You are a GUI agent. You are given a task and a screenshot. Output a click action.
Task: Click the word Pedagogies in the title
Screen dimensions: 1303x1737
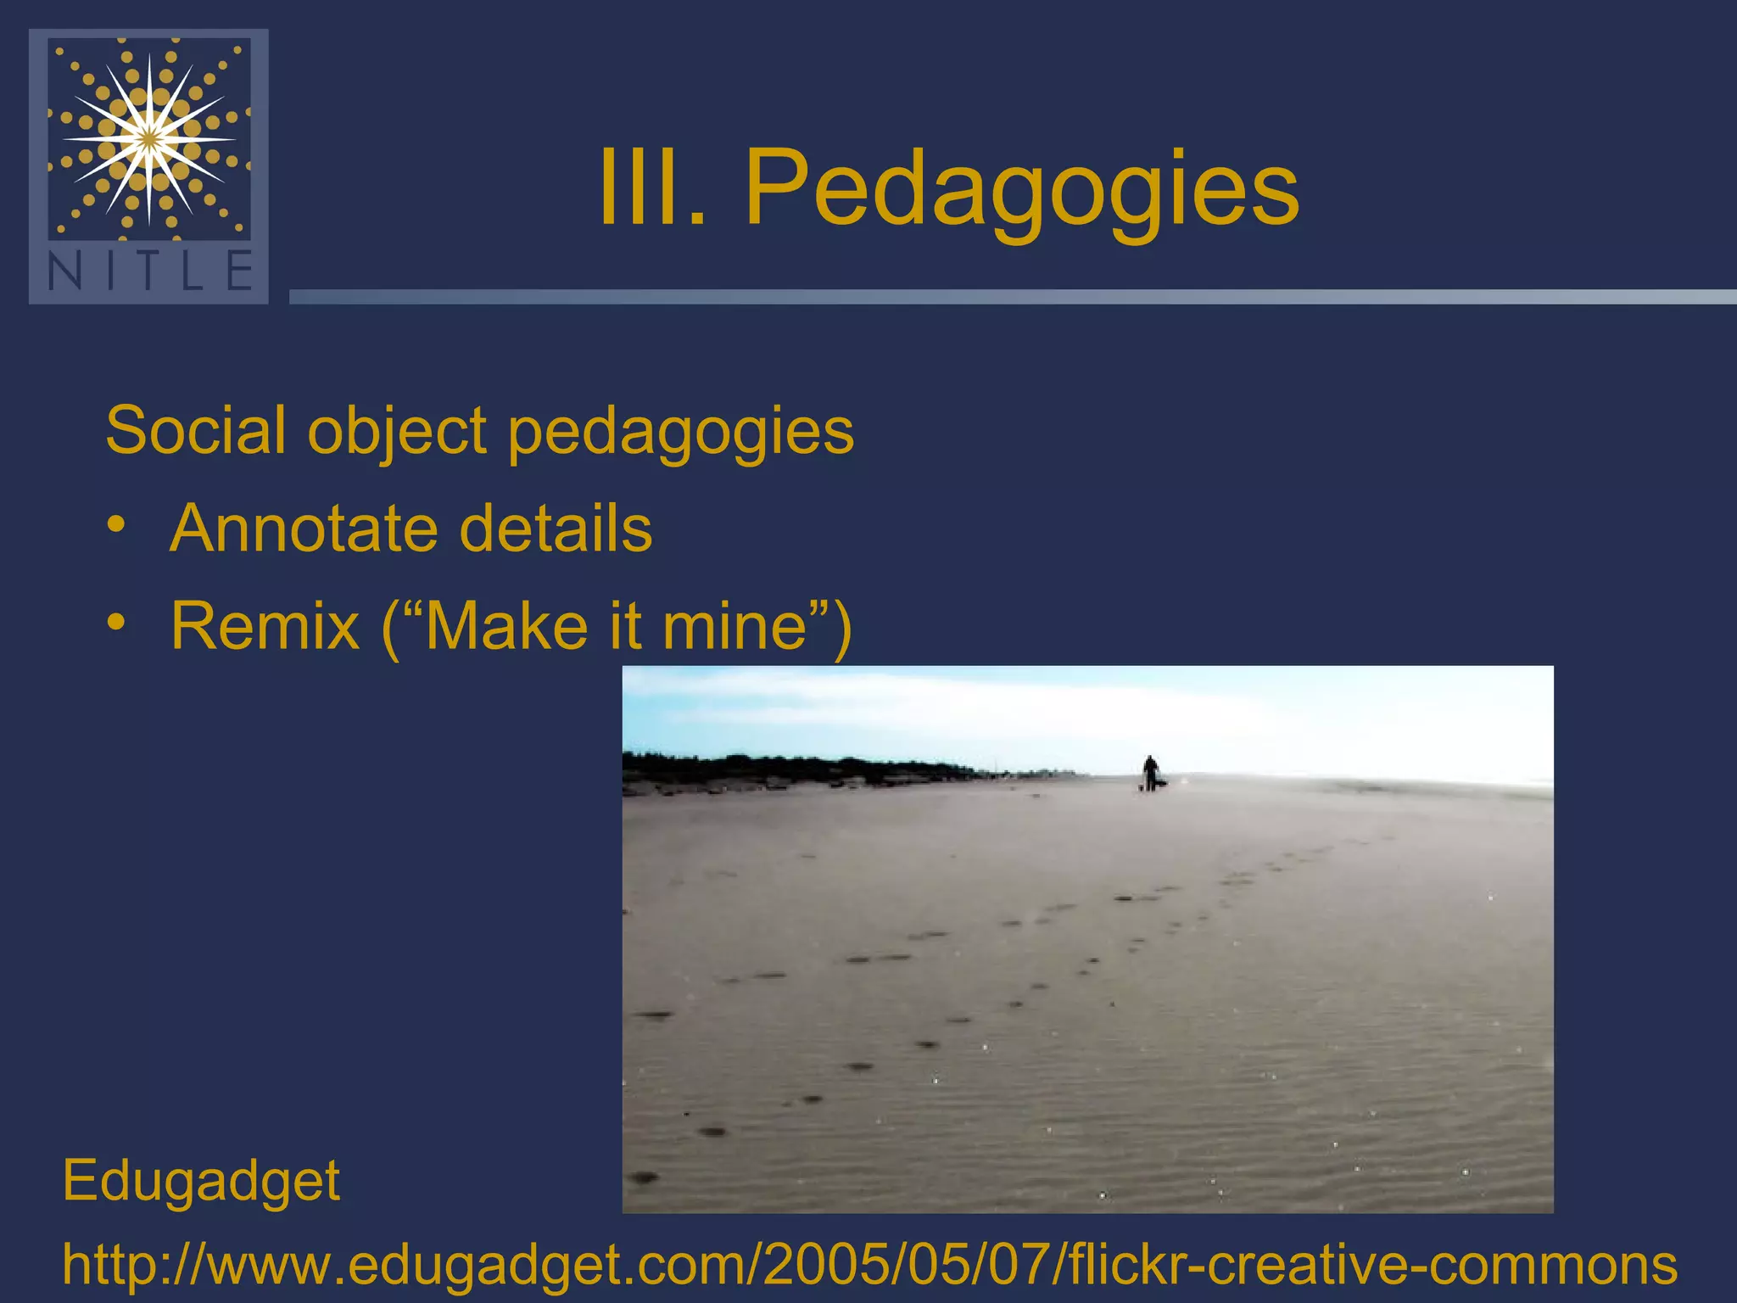pyautogui.click(x=1021, y=188)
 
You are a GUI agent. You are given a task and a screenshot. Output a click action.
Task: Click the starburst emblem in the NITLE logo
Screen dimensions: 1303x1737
pyautogui.click(x=149, y=137)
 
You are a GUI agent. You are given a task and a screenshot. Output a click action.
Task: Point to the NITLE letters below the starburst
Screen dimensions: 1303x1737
pyautogui.click(x=149, y=271)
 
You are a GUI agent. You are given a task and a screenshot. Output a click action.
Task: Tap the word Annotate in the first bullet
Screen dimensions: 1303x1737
pyautogui.click(x=303, y=528)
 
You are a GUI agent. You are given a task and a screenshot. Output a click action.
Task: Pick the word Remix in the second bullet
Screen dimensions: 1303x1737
pyautogui.click(x=265, y=626)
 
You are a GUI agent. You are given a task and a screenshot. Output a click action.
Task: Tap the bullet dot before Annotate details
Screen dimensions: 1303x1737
pyautogui.click(x=116, y=526)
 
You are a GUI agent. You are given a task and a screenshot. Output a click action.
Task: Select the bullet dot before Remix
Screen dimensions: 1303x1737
pyautogui.click(x=116, y=624)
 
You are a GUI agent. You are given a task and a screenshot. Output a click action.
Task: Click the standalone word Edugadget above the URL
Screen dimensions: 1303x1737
pyautogui.click(x=201, y=1181)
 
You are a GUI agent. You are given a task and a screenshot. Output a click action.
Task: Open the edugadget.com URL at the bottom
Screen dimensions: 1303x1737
pyautogui.click(x=869, y=1265)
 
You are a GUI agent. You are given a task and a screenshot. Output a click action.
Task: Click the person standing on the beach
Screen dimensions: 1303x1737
pyautogui.click(x=1150, y=772)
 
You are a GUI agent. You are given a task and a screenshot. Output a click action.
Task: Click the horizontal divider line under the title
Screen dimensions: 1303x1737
pyautogui.click(x=1009, y=297)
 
